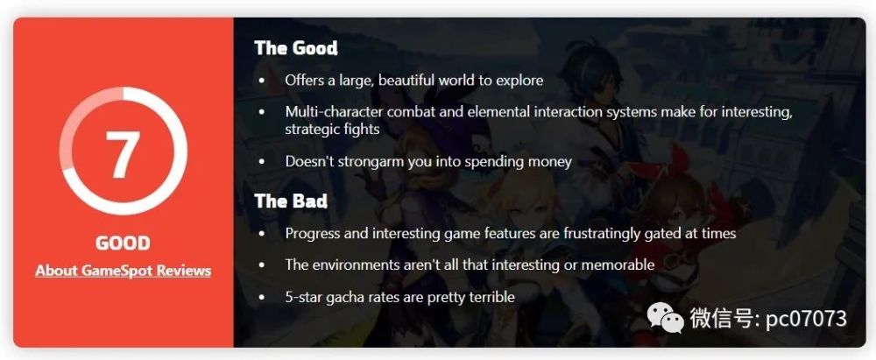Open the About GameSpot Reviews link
pos(123,272)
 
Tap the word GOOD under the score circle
pos(123,244)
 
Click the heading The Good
pos(296,48)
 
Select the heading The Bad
pos(291,201)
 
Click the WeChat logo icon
pos(666,317)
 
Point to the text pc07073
pos(806,319)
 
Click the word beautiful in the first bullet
pos(406,80)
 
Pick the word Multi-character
pos(334,112)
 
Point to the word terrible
pos(489,297)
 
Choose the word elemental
pos(493,112)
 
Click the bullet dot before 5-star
pos(261,298)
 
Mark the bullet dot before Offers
pos(261,81)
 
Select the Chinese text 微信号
pos(723,319)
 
